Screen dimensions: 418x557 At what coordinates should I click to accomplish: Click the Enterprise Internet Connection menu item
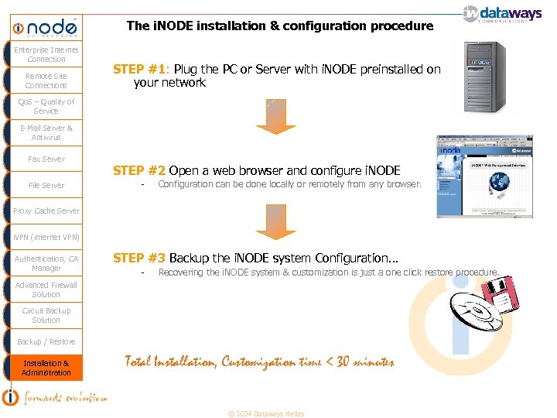(46, 54)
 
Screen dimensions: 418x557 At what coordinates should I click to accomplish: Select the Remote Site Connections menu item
(46, 81)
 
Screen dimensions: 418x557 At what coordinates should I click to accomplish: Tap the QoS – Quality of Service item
(46, 106)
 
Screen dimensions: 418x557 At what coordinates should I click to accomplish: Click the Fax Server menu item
(46, 159)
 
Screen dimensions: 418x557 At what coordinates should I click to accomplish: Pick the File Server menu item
(46, 186)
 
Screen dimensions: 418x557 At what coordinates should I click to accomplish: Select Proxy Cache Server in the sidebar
(46, 211)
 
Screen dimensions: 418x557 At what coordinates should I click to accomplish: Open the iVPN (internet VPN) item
(46, 237)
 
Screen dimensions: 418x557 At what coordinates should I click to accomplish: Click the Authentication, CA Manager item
(46, 263)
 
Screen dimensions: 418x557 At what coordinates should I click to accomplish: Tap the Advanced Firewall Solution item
(46, 290)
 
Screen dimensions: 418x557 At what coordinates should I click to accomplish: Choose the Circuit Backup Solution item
(46, 315)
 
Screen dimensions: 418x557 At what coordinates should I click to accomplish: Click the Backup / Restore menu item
(46, 341)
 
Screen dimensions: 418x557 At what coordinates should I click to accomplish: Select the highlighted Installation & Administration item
(46, 368)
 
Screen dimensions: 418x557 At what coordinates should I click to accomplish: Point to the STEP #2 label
(139, 170)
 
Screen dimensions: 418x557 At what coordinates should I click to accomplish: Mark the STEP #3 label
(139, 258)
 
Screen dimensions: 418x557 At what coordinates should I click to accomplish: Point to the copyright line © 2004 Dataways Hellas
(265, 413)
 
